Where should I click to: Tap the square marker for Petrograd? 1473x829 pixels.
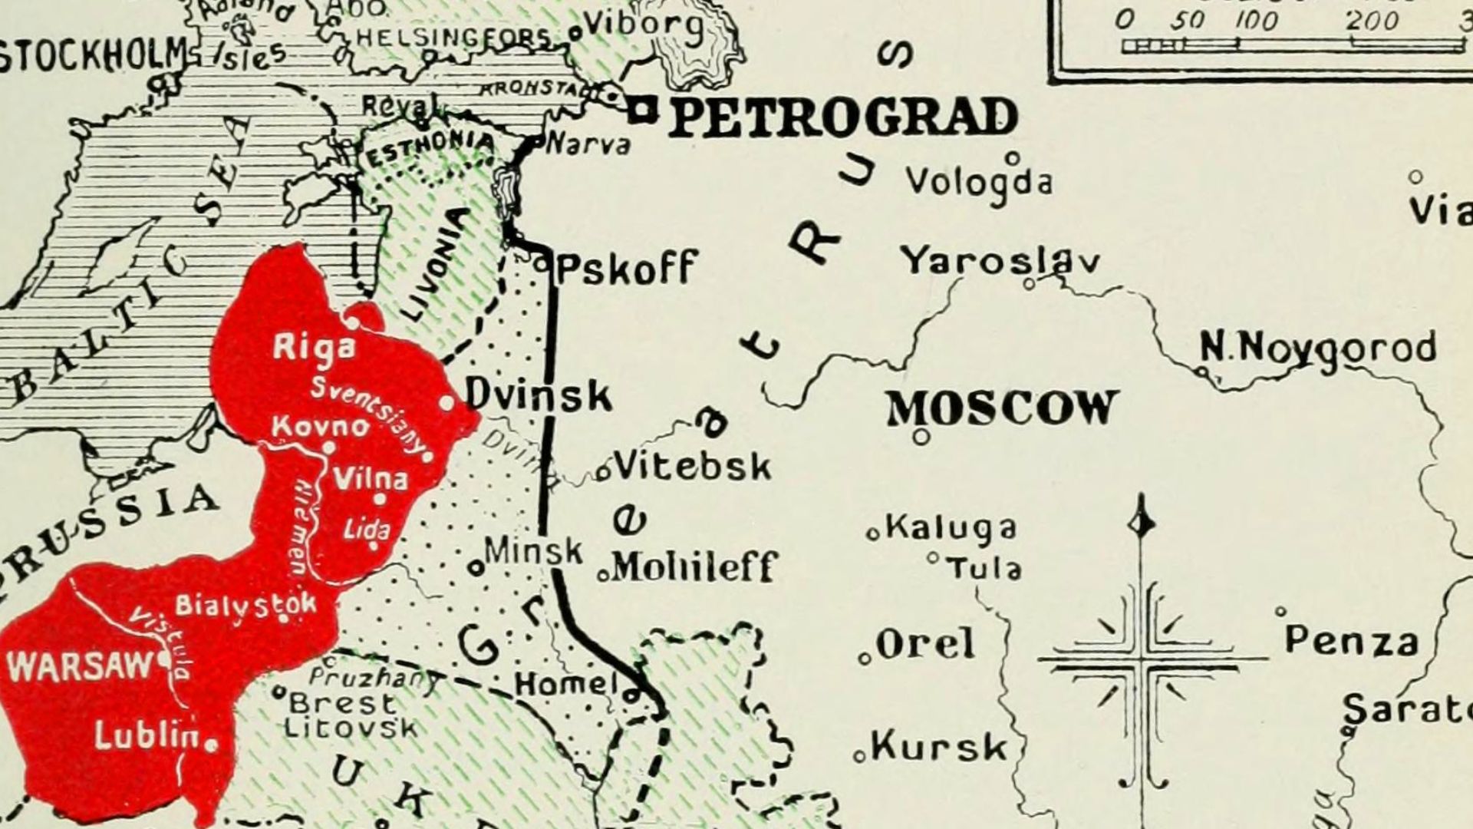(643, 113)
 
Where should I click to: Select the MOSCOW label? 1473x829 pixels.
(1002, 408)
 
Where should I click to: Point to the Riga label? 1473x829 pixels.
(315, 348)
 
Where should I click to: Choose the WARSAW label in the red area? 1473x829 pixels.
(81, 665)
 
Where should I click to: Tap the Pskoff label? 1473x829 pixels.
(625, 268)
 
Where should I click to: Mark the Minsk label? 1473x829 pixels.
(534, 550)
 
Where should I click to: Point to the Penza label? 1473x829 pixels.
(1351, 641)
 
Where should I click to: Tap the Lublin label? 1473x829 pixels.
(147, 736)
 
